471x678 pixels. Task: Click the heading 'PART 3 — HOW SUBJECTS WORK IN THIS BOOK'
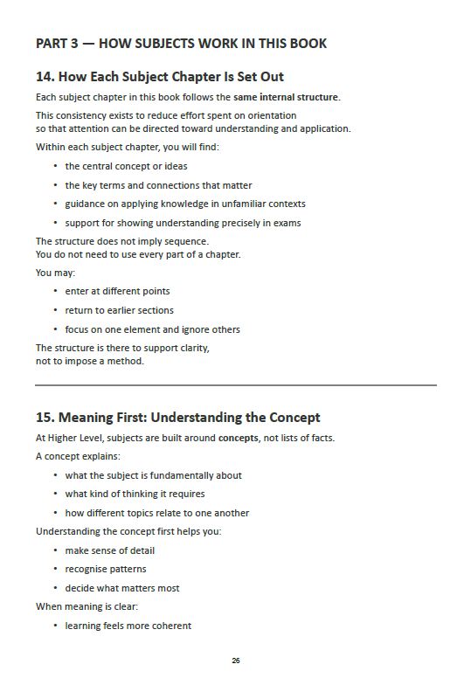click(181, 44)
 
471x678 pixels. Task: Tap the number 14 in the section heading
click(45, 77)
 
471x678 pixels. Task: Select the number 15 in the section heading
click(45, 418)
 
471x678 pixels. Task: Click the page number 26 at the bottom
click(236, 660)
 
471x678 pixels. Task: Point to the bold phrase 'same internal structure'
click(287, 97)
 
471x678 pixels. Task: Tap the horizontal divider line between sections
click(236, 384)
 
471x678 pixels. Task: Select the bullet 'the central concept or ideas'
click(126, 166)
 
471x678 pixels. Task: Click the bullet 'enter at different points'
click(117, 291)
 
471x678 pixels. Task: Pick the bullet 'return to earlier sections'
click(119, 310)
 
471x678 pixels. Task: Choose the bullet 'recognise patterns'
click(105, 569)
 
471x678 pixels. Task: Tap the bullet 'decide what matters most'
click(122, 588)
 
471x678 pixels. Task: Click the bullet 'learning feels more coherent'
click(128, 626)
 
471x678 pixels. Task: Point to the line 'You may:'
click(55, 273)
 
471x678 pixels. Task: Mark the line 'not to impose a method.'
click(89, 361)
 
